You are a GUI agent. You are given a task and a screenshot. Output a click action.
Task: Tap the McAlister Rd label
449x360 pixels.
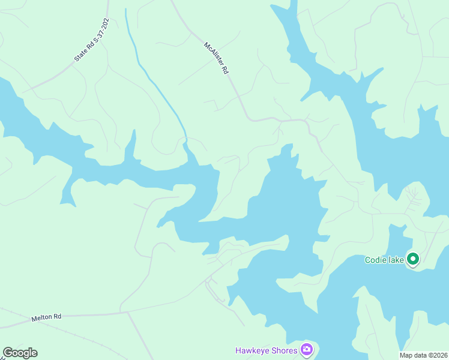217,58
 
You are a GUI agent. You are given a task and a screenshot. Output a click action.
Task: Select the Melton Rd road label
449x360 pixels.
46,317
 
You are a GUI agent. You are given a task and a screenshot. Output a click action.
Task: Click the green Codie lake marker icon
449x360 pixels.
412,259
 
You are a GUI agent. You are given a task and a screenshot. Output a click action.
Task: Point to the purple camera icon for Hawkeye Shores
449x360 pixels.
307,349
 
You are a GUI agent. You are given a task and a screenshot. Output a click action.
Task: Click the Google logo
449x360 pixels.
20,353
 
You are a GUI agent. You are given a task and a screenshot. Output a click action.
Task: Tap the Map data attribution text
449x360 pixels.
424,355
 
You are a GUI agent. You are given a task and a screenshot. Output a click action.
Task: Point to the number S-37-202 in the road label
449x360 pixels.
99,31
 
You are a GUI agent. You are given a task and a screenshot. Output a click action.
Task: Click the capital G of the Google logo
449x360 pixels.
8,352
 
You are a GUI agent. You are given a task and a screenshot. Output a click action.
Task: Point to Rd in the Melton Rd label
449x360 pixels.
58,316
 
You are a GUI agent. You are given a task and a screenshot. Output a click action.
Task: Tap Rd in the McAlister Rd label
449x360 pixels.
225,70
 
